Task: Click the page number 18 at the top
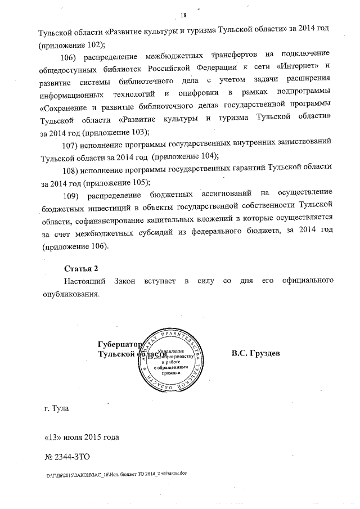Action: coord(183,15)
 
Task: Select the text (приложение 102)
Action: coord(73,43)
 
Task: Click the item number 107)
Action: coord(73,145)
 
